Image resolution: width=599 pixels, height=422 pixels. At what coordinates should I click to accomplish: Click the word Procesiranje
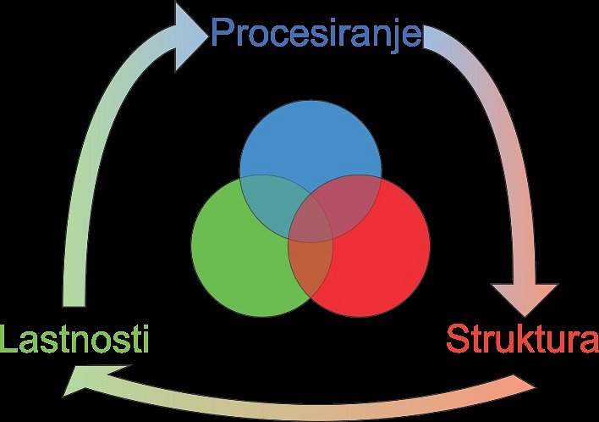[316, 34]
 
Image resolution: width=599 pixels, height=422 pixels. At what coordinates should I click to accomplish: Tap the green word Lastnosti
[74, 338]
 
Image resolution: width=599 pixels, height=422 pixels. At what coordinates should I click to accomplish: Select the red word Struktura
[522, 338]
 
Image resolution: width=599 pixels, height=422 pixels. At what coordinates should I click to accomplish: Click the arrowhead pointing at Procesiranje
[187, 36]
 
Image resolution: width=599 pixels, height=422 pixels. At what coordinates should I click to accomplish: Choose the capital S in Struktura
[458, 338]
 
